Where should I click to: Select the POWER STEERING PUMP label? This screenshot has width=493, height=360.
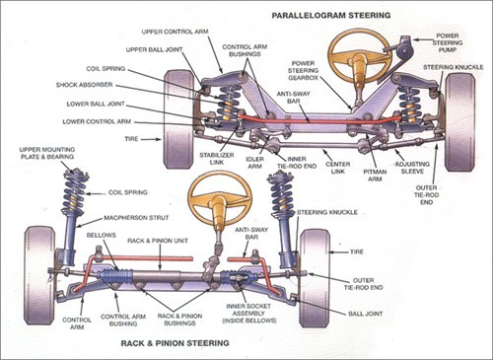pos(456,42)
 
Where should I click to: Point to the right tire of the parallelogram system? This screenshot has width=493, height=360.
pos(458,108)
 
